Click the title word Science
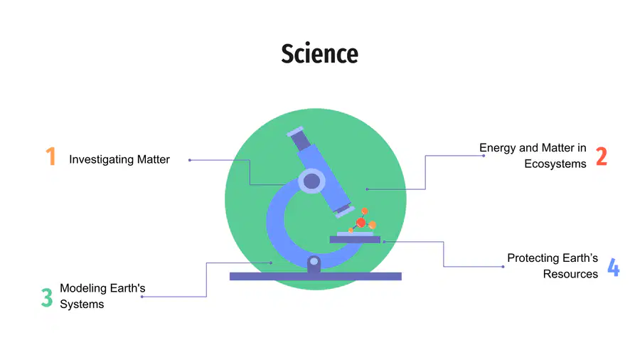[x=319, y=53]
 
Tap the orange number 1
[x=50, y=157]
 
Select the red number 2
[x=602, y=157]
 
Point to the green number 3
[x=47, y=297]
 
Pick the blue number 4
[x=614, y=268]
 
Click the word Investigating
[x=101, y=159]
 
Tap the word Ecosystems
[x=555, y=164]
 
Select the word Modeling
[x=83, y=288]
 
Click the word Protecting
[x=533, y=258]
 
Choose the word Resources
[x=570, y=274]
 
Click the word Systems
[x=82, y=304]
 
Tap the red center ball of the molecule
[x=361, y=223]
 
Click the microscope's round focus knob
[x=312, y=181]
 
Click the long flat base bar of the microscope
[x=316, y=276]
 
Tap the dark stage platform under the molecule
[x=355, y=240]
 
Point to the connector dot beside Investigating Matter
[x=190, y=160]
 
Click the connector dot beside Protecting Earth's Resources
[x=503, y=267]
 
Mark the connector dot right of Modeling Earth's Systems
[x=142, y=297]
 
